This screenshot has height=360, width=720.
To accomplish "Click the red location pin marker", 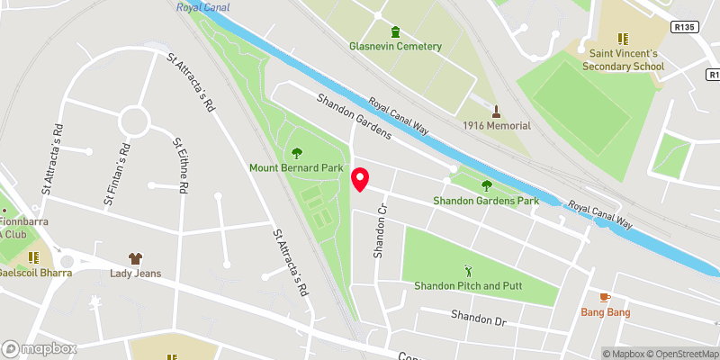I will (x=360, y=179).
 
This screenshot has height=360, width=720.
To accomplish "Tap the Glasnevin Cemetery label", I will (x=396, y=47).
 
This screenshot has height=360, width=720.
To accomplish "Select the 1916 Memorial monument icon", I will (x=496, y=111).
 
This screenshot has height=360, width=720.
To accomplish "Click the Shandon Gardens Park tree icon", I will (x=486, y=185).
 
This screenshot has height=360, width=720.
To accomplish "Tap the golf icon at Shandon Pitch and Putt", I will (x=467, y=270).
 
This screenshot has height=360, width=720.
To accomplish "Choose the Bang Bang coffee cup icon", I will (x=605, y=297).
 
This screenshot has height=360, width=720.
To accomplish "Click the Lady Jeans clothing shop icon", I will (x=135, y=258).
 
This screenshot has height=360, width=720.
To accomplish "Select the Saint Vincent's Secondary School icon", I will (x=621, y=39).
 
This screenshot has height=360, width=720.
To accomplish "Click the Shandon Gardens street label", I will (x=353, y=117).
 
